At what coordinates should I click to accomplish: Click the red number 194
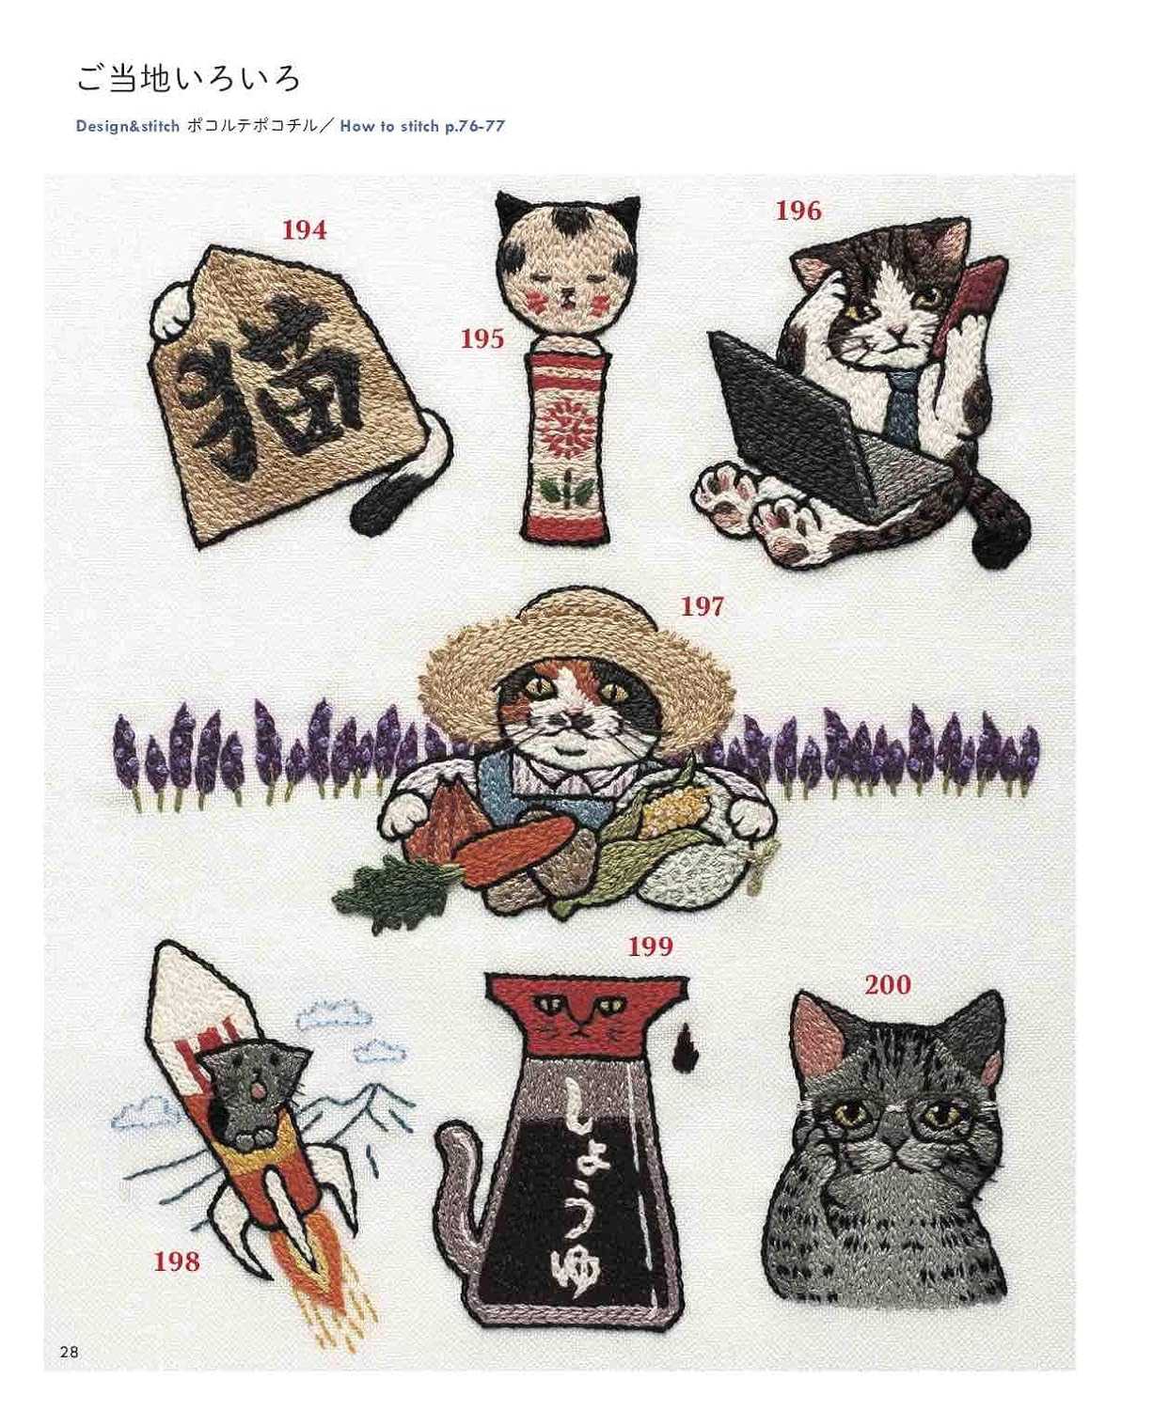305,230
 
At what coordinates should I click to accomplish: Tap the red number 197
703,606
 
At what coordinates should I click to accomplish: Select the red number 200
888,985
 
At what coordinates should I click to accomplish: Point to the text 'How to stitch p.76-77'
422,126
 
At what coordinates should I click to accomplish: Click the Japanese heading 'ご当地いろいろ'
188,79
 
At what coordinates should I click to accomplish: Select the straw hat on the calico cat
576,662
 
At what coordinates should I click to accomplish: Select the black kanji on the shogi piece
267,381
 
